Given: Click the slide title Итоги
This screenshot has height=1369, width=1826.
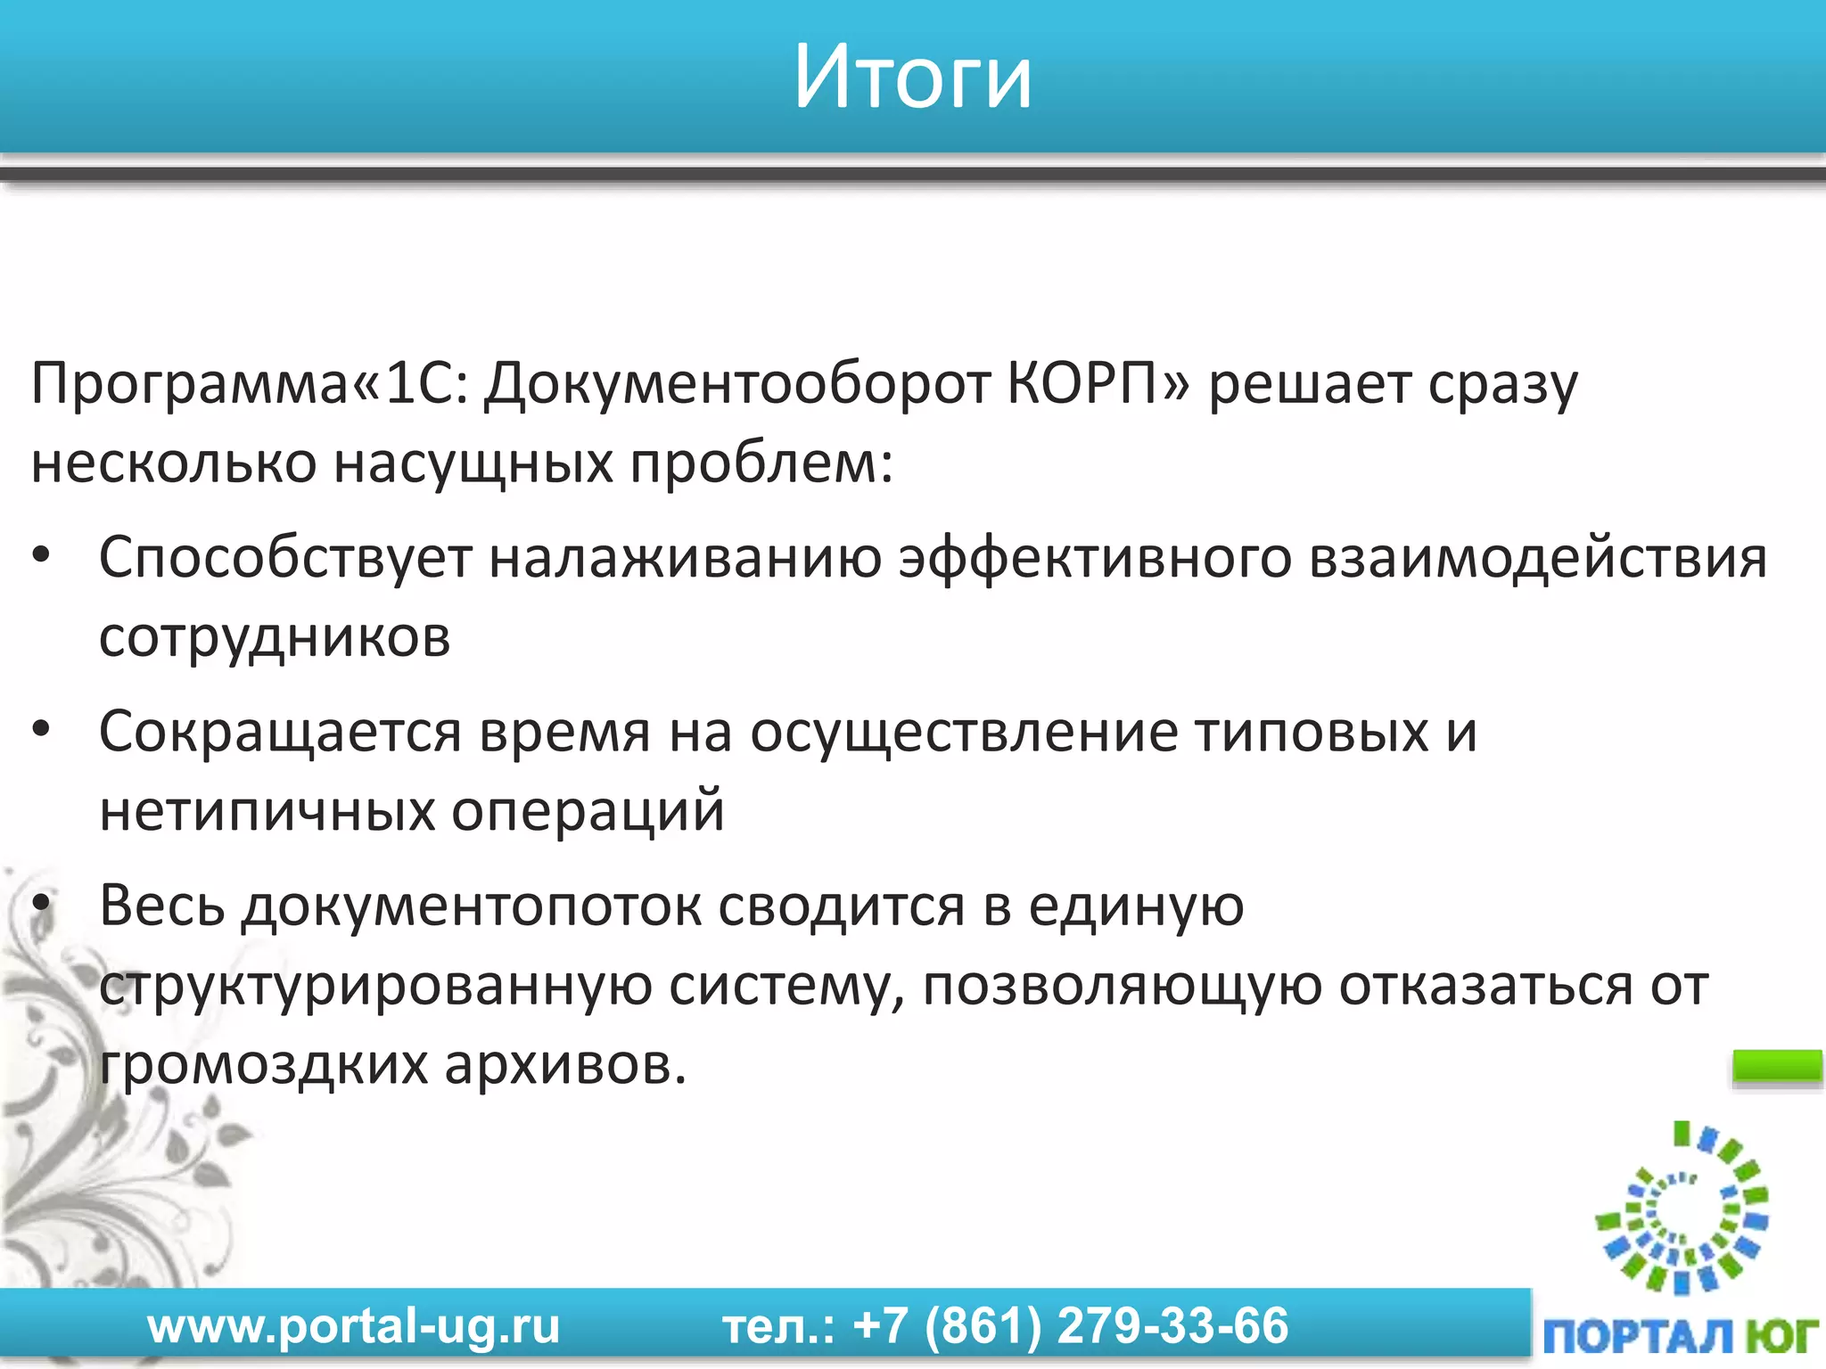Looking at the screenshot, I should (x=912, y=78).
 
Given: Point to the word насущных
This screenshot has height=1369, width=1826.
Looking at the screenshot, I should (x=473, y=463).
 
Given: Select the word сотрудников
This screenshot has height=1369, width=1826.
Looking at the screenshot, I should (x=275, y=637).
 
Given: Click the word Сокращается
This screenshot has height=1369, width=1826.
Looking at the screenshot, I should (x=280, y=734).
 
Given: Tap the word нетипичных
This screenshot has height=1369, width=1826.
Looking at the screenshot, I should (x=266, y=811).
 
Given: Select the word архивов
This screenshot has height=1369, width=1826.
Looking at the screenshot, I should (x=565, y=1063).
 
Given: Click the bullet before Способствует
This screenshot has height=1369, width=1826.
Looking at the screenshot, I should (x=41, y=556).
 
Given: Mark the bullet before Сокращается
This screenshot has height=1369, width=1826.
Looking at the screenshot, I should (x=41, y=730).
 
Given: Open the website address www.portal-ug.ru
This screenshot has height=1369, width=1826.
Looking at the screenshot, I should (x=353, y=1326).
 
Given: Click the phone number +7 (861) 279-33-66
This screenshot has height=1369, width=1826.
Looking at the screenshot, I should (x=1070, y=1326).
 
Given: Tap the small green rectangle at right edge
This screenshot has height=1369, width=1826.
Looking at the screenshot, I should (x=1776, y=1067).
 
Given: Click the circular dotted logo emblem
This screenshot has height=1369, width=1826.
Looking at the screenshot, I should (x=1682, y=1209).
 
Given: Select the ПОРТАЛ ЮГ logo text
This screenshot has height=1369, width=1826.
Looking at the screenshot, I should (x=1680, y=1336).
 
